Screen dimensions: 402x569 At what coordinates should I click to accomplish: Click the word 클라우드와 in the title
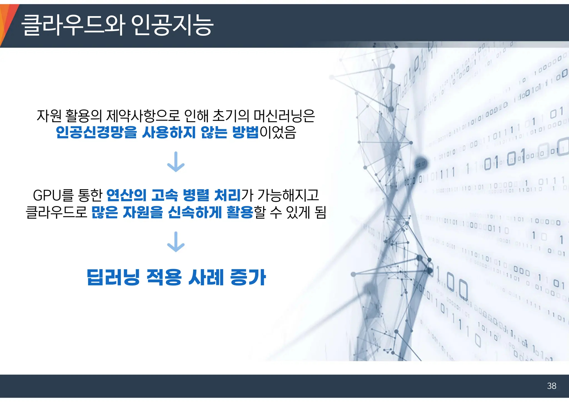tap(73, 25)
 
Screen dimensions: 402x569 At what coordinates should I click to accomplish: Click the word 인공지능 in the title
tap(172, 25)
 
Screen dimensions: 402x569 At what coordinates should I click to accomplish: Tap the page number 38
tap(551, 386)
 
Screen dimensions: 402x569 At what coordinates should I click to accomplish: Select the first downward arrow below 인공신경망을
tap(176, 162)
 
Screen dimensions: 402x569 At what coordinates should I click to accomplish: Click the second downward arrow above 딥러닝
tap(176, 242)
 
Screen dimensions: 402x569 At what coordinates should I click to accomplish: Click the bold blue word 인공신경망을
tap(96, 132)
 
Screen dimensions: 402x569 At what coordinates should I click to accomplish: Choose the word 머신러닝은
tap(284, 116)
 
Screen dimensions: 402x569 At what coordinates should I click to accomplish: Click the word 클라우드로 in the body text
tap(57, 212)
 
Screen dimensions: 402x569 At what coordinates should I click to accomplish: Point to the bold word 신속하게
tap(195, 212)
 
